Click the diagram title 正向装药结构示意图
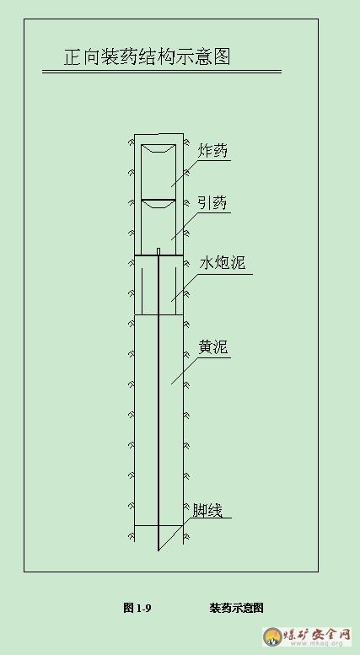147,56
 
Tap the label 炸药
214,151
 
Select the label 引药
212,203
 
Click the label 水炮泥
223,263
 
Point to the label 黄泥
213,347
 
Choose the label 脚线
207,510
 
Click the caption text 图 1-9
137,608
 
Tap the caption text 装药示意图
236,608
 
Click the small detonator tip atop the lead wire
159,251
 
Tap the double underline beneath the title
162,72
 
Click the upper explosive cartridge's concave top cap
159,148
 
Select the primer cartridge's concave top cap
159,203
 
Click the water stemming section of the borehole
159,284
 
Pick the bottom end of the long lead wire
159,550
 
